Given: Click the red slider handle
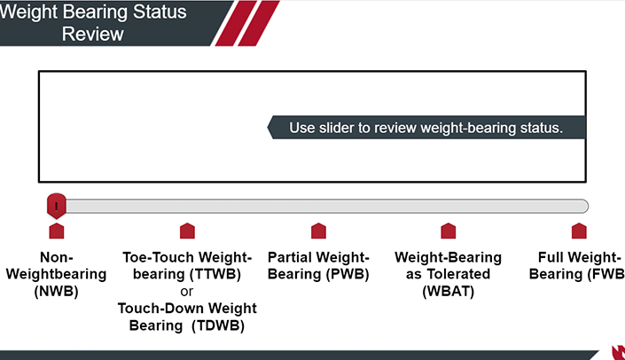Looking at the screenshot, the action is (57, 206).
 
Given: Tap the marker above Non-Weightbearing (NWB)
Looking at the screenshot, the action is (57, 231).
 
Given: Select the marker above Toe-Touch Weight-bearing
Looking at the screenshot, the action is (187, 231).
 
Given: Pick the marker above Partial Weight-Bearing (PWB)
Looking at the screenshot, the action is (318, 231).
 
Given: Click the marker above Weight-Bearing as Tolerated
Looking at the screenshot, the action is (449, 231).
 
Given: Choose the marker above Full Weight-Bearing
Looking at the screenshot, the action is (579, 231).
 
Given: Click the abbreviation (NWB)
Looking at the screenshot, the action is (56, 292).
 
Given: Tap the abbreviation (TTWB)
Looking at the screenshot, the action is (215, 274).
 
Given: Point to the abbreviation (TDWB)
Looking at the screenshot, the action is (218, 325).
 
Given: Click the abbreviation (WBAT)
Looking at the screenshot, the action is (449, 292).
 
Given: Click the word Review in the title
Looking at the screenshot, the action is (93, 34).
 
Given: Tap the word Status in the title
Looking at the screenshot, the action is (160, 12).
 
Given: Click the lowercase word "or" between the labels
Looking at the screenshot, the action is (186, 292).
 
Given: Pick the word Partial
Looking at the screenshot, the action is (289, 257).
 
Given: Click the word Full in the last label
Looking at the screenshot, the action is (550, 257).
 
